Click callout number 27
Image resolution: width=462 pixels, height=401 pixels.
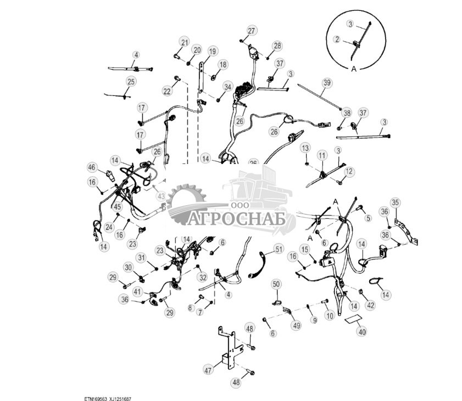pos(252,31)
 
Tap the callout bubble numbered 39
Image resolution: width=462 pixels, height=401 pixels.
pos(327,83)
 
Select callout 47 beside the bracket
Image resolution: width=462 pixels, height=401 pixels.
pos(208,370)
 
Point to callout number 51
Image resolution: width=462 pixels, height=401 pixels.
pos(279,249)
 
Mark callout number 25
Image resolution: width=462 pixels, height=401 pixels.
pos(131,82)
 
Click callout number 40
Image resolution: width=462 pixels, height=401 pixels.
pos(361,331)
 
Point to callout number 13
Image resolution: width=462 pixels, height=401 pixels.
pos(305,148)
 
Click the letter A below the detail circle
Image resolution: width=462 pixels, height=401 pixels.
pos(354,69)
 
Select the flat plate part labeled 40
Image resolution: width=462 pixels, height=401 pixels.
pos(352,319)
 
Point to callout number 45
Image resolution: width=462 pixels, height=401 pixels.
pos(117,207)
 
